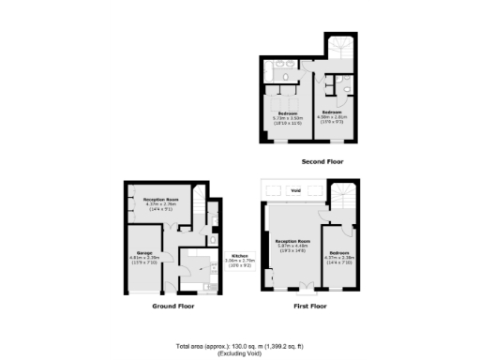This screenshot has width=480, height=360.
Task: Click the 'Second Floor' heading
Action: click(322, 161)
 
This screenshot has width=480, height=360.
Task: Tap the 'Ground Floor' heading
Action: click(172, 307)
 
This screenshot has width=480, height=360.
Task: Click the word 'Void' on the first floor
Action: click(294, 190)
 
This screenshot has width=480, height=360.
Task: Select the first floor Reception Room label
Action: click(292, 243)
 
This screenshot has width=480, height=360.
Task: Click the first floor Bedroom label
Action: click(338, 254)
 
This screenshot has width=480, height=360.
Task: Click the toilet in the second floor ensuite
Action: click(346, 90)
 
